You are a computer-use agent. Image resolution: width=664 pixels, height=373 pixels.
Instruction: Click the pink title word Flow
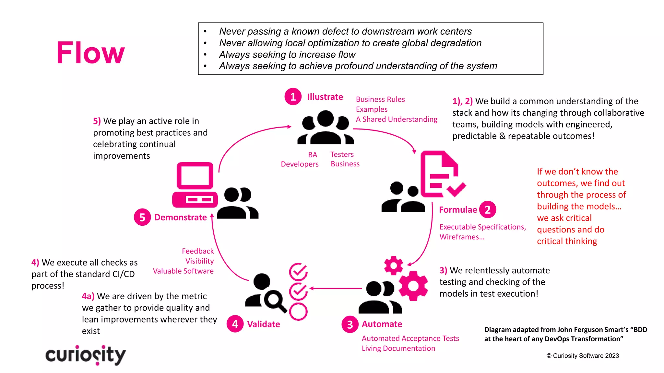(90, 53)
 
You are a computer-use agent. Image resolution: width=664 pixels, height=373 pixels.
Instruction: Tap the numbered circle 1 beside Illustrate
(293, 97)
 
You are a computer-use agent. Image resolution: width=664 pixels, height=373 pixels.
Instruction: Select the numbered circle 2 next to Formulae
(487, 209)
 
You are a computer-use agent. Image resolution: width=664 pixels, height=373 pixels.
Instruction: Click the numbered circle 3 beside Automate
(350, 324)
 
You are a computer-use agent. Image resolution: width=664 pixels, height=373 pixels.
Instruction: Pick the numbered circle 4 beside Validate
(235, 324)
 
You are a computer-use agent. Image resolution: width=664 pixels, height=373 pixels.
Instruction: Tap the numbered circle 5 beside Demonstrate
(142, 217)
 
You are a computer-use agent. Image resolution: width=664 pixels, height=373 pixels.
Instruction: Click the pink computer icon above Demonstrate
(195, 185)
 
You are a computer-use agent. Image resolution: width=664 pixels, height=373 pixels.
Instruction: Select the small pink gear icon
(393, 266)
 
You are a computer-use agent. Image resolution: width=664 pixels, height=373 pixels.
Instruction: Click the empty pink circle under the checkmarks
(298, 311)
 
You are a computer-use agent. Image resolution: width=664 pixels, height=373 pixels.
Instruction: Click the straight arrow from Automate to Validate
(336, 288)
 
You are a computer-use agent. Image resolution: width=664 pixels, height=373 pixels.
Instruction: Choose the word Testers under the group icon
(342, 154)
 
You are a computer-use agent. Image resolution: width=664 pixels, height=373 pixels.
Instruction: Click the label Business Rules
(380, 99)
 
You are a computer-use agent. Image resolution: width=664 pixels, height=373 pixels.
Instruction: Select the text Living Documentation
(398, 348)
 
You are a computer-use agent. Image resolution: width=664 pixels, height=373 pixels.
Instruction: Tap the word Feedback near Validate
(198, 251)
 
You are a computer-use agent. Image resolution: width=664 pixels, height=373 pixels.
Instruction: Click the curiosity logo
(86, 355)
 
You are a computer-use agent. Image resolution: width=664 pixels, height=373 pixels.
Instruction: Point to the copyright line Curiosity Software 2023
(583, 356)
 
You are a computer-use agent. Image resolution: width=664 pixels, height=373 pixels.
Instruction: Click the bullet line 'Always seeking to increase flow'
(287, 54)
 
